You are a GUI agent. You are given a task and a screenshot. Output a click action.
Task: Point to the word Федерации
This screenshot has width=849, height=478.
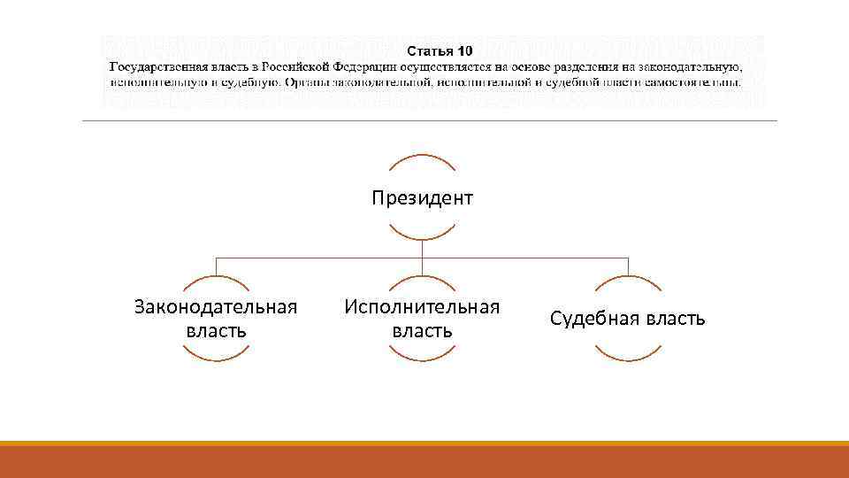pyautogui.click(x=374, y=67)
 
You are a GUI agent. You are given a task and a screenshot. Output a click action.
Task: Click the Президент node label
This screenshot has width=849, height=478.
pyautogui.click(x=422, y=197)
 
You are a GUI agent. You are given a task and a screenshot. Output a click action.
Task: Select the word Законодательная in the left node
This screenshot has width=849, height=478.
pyautogui.click(x=216, y=306)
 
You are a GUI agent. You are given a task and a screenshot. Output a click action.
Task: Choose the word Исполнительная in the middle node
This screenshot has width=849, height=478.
pyautogui.click(x=422, y=306)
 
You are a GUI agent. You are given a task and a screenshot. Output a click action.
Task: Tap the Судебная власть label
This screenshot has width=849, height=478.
pyautogui.click(x=628, y=319)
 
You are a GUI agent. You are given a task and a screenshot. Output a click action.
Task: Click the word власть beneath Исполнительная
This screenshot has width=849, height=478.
pyautogui.click(x=422, y=331)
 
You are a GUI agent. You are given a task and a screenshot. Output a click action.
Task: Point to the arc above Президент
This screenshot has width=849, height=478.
pyautogui.click(x=422, y=157)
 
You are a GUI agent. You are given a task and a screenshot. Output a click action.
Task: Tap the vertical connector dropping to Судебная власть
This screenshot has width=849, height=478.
pyautogui.click(x=628, y=266)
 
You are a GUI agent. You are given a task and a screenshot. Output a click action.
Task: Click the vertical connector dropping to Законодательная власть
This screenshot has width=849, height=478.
pyautogui.click(x=216, y=266)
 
